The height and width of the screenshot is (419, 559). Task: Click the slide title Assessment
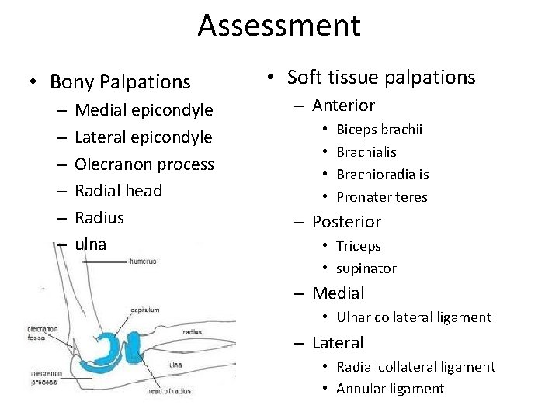279,25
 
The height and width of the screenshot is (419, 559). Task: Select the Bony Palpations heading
120,81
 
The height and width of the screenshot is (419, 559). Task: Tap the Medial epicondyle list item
144,110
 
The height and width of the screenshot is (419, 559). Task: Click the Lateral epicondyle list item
144,137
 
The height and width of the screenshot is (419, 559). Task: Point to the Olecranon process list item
144,164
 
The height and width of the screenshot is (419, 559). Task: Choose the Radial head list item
119,191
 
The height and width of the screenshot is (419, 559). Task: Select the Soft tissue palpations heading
380,78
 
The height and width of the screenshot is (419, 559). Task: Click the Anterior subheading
343,106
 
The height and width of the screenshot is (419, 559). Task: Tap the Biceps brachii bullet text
379,130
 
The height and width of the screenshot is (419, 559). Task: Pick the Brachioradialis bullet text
382,175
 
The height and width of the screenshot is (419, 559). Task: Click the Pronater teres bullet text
381,197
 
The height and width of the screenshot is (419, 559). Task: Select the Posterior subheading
346,222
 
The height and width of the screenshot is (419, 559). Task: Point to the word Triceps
358,246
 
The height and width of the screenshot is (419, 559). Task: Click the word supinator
366,268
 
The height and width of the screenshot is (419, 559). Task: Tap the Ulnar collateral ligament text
413,317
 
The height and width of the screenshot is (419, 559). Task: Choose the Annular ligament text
390,389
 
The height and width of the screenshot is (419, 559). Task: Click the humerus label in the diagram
143,261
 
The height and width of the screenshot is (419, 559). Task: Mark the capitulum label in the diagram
144,310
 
